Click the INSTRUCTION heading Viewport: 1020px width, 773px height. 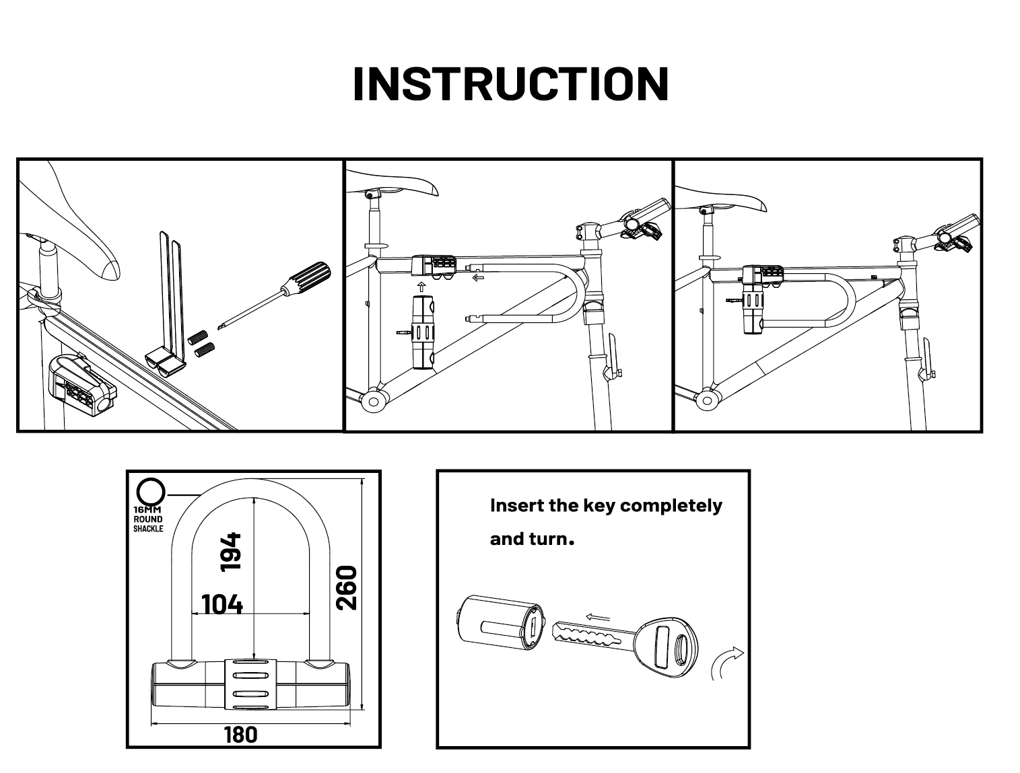[510, 84]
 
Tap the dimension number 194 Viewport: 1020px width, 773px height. [231, 552]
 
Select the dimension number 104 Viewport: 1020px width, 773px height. [222, 604]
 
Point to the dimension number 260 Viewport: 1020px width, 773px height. [345, 587]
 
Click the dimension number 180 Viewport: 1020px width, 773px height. [240, 734]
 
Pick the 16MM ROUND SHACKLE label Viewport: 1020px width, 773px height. [148, 519]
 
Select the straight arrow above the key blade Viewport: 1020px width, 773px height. [597, 618]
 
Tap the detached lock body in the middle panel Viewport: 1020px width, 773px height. [423, 334]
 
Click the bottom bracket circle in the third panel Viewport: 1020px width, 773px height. [706, 401]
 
